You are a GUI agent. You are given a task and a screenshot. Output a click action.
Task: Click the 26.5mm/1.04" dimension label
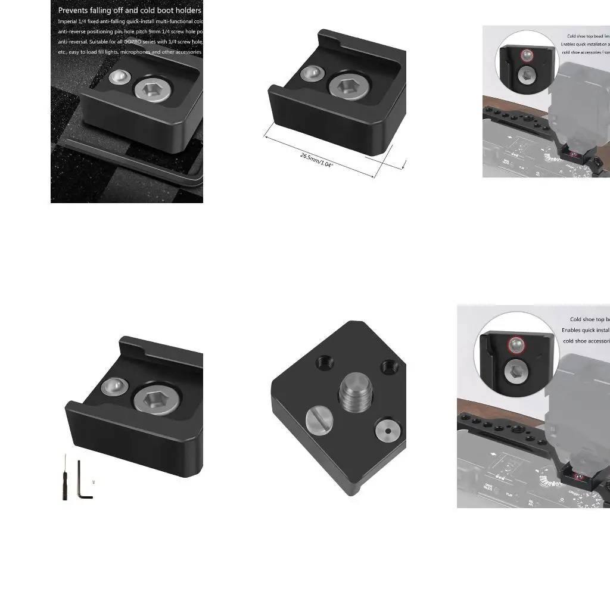[x=316, y=159]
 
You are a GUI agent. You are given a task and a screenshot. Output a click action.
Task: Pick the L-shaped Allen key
[x=83, y=480]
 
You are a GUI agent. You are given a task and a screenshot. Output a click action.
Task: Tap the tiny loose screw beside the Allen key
[x=94, y=483]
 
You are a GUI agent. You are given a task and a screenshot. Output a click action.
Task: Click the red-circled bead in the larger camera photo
[x=515, y=345]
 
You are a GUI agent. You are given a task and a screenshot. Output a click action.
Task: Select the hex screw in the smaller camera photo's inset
[x=525, y=74]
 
